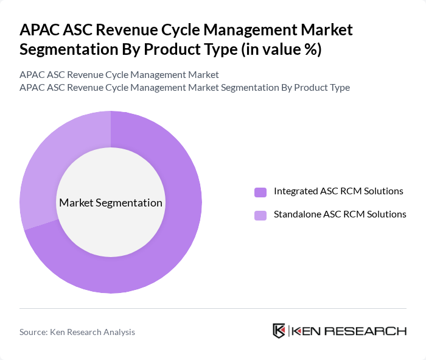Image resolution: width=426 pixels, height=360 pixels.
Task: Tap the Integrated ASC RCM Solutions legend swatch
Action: click(x=260, y=192)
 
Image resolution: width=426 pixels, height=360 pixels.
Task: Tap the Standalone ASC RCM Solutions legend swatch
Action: click(x=260, y=215)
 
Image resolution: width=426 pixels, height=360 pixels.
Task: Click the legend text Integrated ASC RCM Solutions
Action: click(x=338, y=191)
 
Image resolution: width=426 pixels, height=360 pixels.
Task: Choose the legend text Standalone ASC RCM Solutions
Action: click(x=340, y=214)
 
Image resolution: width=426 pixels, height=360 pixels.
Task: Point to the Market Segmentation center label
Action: click(x=111, y=203)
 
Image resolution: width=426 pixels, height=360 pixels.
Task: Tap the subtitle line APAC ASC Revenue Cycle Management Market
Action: click(x=119, y=75)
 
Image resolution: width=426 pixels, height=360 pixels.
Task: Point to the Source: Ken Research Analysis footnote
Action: click(x=77, y=332)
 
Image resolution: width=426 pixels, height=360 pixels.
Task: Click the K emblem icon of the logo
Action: click(x=279, y=331)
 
